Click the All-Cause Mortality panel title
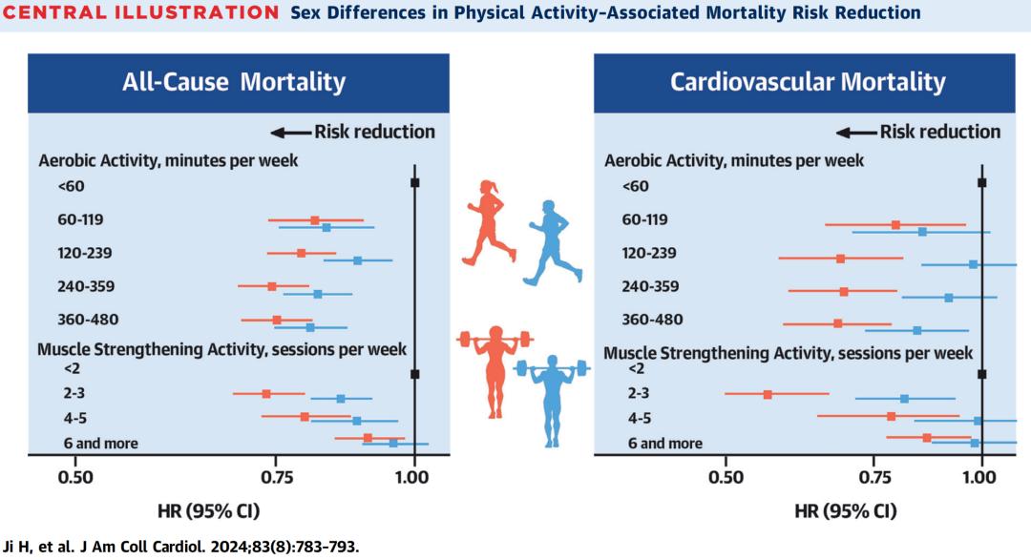(x=234, y=82)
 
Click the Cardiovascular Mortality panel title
(x=808, y=82)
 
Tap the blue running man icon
(x=545, y=242)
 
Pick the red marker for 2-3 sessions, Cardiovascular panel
(x=768, y=394)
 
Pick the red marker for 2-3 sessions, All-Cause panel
(x=266, y=394)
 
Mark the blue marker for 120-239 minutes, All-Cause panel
(x=358, y=260)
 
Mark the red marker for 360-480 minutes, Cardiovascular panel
(x=838, y=323)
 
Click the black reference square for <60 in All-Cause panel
(x=414, y=183)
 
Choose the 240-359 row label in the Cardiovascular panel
(x=651, y=286)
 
